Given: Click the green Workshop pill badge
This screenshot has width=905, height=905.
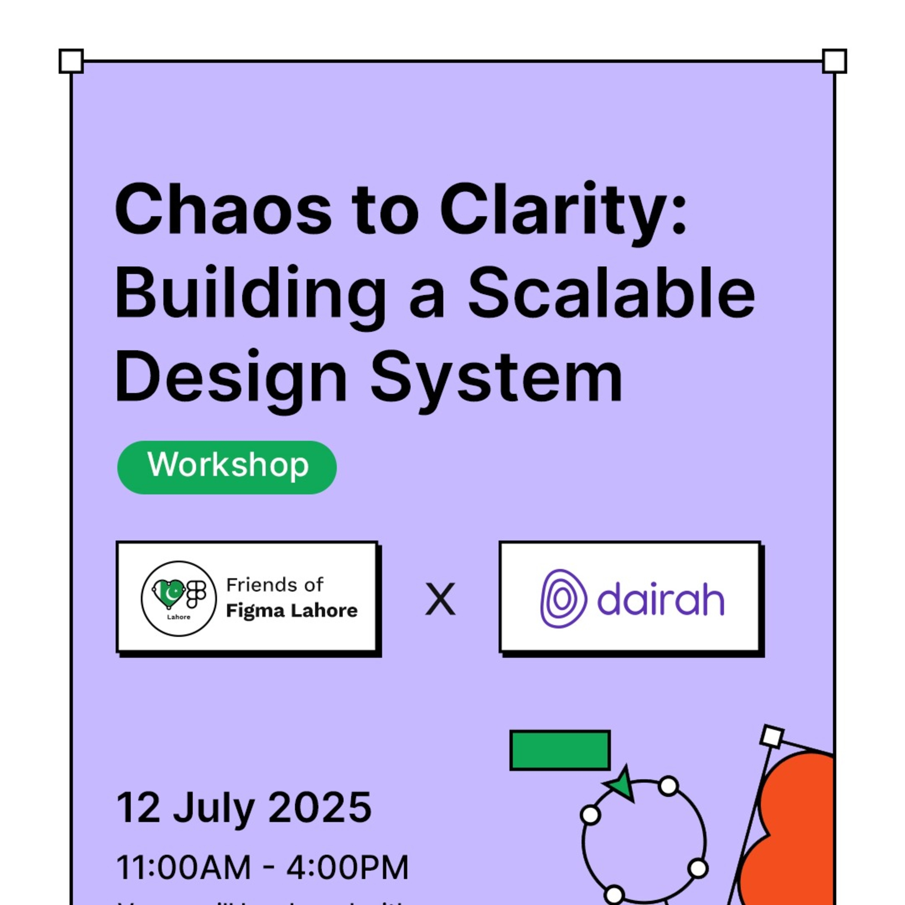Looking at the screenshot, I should click(x=227, y=467).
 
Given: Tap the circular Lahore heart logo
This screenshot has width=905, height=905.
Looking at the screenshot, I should click(x=178, y=598).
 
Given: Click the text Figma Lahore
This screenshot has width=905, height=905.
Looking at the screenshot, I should click(x=291, y=611).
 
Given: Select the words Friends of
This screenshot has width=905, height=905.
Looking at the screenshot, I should click(x=274, y=584).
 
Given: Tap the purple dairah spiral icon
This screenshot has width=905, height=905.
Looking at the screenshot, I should click(x=563, y=598).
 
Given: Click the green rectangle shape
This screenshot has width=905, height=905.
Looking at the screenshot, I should click(x=560, y=750).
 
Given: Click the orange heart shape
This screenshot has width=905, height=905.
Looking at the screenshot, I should click(x=791, y=834).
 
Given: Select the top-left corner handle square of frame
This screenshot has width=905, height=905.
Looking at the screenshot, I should click(x=71, y=61).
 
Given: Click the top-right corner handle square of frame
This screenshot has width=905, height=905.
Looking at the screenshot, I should click(x=834, y=61).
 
